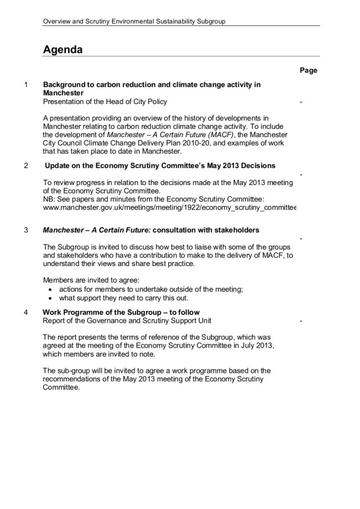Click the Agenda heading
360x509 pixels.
point(63,49)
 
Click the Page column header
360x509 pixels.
point(308,70)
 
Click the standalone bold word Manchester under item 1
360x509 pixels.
point(64,93)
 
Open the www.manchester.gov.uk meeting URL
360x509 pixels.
point(169,208)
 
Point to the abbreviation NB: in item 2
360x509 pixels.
point(49,199)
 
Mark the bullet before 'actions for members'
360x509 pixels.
point(52,290)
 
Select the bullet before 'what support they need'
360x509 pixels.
point(52,298)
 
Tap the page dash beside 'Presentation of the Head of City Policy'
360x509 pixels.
point(302,102)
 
